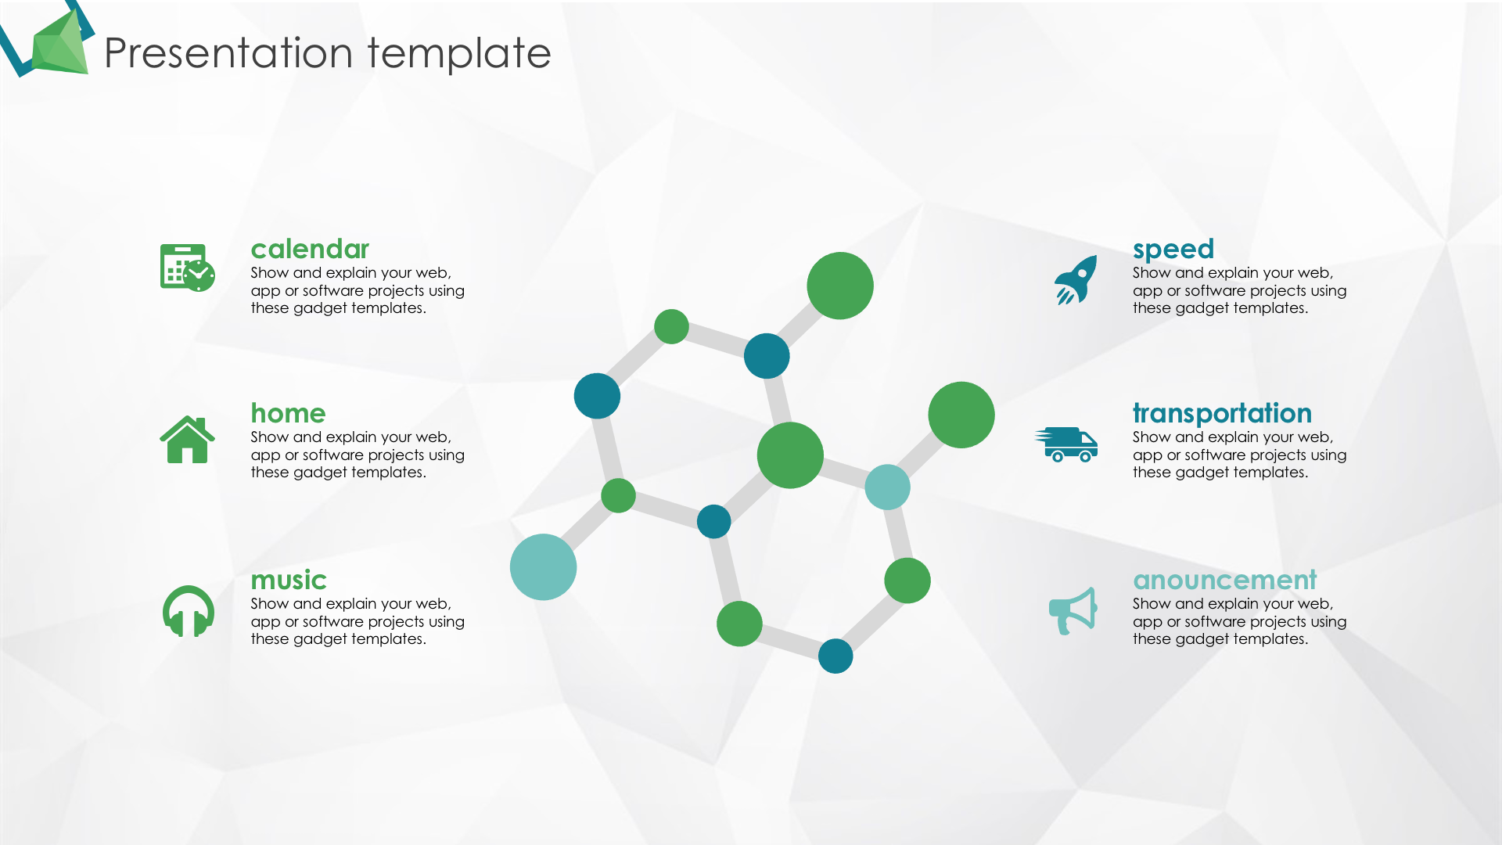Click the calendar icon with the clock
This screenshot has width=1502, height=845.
click(187, 268)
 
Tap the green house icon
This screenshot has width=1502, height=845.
click(187, 439)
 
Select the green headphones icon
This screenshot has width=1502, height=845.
click(188, 611)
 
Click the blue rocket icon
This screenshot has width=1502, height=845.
click(1076, 280)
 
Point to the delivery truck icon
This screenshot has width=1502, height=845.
click(1066, 444)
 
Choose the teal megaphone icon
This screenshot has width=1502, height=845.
click(1073, 611)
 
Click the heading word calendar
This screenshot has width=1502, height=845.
click(310, 249)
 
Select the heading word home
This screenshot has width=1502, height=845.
click(288, 413)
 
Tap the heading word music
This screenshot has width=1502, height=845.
click(289, 580)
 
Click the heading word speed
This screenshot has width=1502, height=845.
click(1173, 250)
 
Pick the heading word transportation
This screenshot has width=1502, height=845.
click(1222, 413)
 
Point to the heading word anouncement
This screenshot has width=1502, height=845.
click(1225, 580)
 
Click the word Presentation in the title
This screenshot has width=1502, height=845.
click(228, 53)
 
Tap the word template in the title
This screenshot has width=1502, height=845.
click(459, 53)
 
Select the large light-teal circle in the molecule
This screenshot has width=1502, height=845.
click(543, 567)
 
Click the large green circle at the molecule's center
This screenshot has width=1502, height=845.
click(790, 455)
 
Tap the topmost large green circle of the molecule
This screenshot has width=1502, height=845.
click(840, 286)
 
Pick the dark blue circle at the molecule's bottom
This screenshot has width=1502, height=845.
click(835, 656)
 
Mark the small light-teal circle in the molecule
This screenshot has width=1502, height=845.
click(887, 487)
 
